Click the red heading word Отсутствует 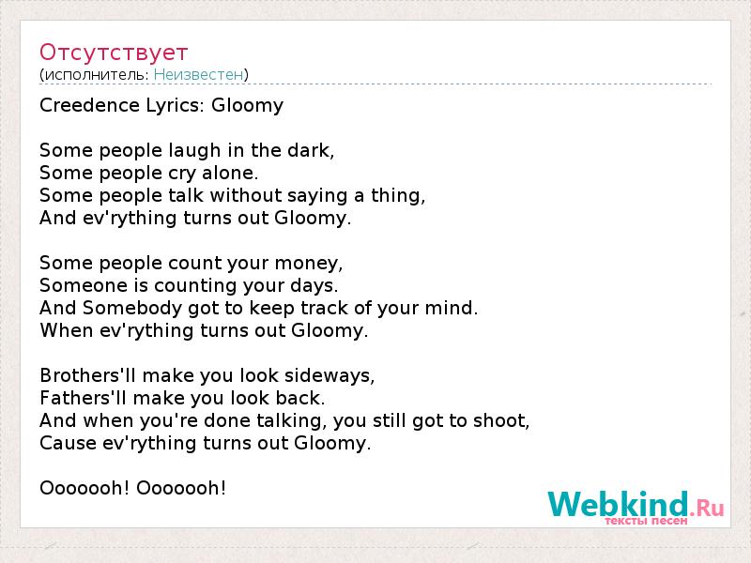click(x=114, y=53)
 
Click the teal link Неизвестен click(x=199, y=75)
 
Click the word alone click(x=230, y=173)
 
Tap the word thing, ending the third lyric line click(x=398, y=196)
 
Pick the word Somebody click(x=132, y=308)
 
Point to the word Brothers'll click(x=88, y=375)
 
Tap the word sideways click(x=330, y=376)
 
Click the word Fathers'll click(x=84, y=398)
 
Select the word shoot click(x=501, y=420)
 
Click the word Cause click(x=68, y=443)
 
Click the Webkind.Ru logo click(x=636, y=505)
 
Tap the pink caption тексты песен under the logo click(x=646, y=521)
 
